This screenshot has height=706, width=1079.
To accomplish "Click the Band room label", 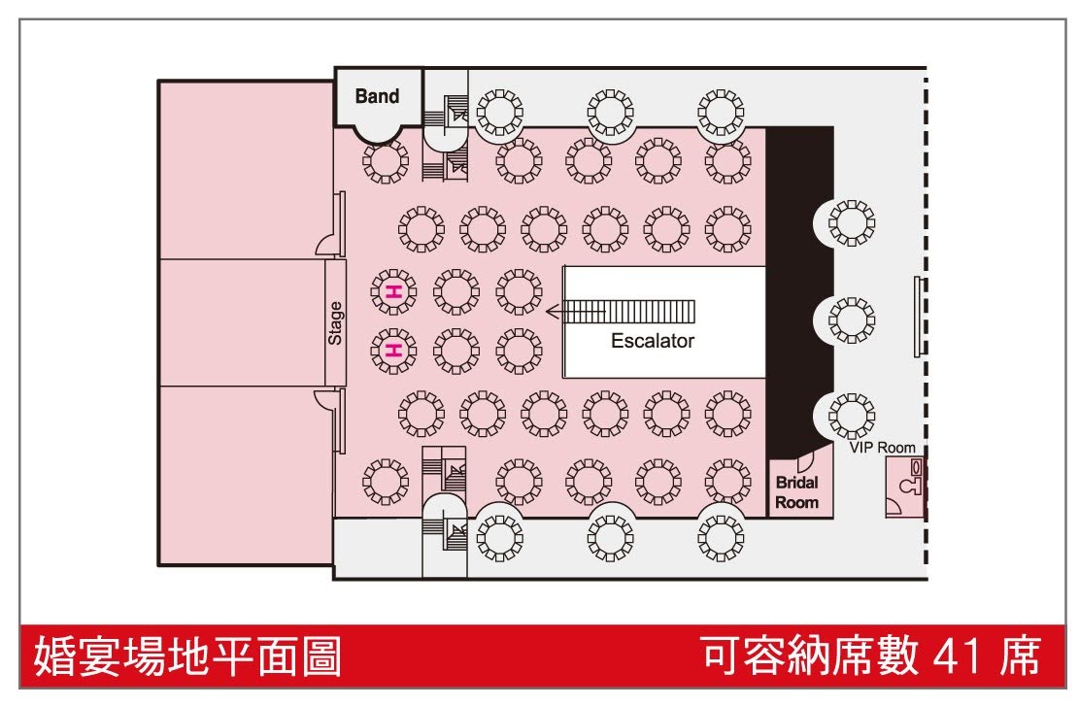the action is point(377,96).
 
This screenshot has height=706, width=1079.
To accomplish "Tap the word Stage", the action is point(335,323).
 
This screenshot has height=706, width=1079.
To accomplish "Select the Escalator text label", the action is point(653,342).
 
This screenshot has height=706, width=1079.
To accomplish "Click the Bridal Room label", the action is point(796,492).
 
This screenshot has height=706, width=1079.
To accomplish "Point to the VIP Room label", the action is point(882,448).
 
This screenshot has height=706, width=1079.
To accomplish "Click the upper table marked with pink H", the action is point(394,290).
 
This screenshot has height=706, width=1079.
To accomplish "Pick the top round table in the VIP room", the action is point(851,224).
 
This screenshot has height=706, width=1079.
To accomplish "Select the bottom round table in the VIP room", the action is point(851,416).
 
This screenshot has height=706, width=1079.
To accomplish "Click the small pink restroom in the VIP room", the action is point(904,488).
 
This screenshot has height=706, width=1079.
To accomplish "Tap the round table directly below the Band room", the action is point(385,162).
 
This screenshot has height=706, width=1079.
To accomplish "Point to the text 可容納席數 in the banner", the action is point(810,657).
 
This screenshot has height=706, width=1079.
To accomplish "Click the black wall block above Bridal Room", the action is point(799,282).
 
